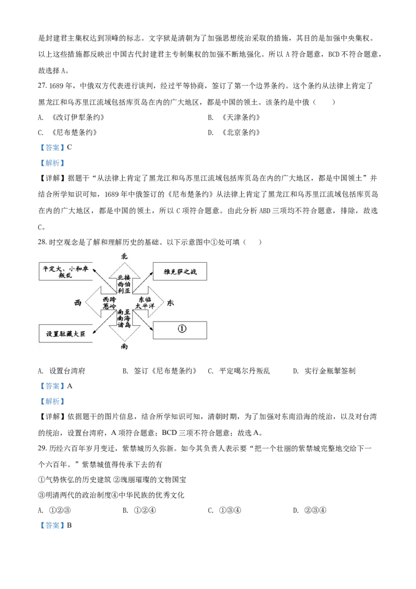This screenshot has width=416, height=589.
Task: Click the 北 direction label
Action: [x=124, y=256]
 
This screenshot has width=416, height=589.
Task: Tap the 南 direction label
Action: [x=124, y=347]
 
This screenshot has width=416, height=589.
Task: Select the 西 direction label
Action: [x=78, y=303]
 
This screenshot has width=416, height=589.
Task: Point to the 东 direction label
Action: [x=171, y=303]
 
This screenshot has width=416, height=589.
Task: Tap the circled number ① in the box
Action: [x=181, y=330]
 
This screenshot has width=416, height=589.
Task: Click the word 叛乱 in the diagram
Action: [x=65, y=277]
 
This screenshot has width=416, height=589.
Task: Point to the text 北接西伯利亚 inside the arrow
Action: [x=124, y=284]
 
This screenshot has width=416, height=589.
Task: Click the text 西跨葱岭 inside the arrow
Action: [x=110, y=303]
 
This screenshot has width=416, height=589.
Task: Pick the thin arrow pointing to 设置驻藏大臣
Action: [x=103, y=326]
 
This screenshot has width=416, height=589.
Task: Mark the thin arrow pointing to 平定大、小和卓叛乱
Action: [x=103, y=280]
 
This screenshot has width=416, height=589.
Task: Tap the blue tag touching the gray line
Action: [x=52, y=163]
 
